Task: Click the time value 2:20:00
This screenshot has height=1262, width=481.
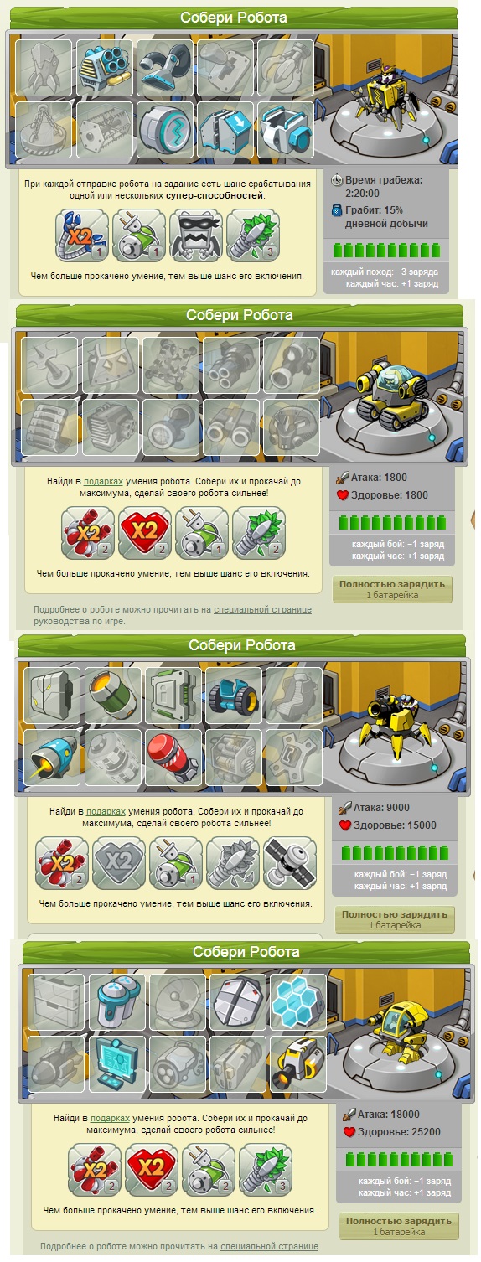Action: [x=362, y=194]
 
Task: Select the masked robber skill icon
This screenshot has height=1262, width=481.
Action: [x=196, y=235]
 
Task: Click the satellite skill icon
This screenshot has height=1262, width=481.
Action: [x=289, y=863]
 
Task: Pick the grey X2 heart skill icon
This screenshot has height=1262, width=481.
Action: [x=119, y=863]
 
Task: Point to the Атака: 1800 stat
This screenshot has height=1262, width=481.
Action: [x=379, y=477]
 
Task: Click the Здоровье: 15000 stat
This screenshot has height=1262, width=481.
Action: [x=395, y=825]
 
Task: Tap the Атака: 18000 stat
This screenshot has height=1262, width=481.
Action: [x=388, y=1114]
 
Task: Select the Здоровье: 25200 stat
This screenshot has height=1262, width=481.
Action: [x=399, y=1132]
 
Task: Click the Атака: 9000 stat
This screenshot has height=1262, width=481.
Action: [x=381, y=807]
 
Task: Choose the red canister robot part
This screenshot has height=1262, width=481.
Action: [x=173, y=758]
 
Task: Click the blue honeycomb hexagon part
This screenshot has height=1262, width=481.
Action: [x=298, y=1002]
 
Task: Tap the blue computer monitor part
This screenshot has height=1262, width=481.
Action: [x=117, y=1063]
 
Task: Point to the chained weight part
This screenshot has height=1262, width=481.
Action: [x=44, y=130]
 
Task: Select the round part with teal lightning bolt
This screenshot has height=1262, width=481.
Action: [x=164, y=130]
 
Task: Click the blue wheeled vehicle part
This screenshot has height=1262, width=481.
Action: [x=234, y=696]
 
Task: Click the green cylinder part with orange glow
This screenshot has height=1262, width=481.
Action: [x=113, y=696]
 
